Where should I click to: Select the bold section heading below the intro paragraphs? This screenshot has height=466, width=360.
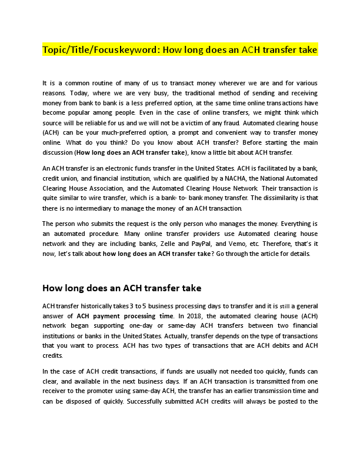pyautogui.click(x=122, y=288)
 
